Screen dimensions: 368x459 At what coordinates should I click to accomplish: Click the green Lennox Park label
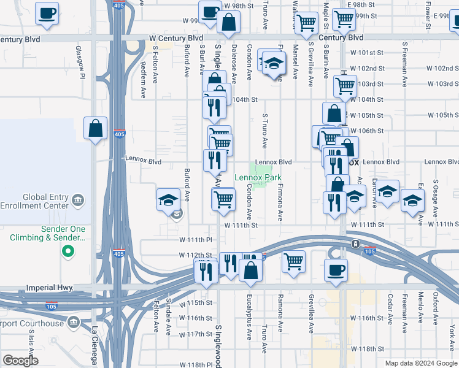(x=258, y=178)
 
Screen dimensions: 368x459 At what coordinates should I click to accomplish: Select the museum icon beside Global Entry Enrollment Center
(x=78, y=200)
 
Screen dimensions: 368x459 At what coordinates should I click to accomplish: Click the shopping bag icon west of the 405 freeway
(x=96, y=129)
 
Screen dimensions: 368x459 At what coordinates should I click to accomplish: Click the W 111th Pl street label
(x=195, y=240)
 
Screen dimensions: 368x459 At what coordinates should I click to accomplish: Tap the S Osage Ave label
(x=435, y=197)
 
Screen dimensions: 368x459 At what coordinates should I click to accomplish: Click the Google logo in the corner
(x=20, y=361)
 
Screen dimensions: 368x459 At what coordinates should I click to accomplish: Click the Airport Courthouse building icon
(x=74, y=323)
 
